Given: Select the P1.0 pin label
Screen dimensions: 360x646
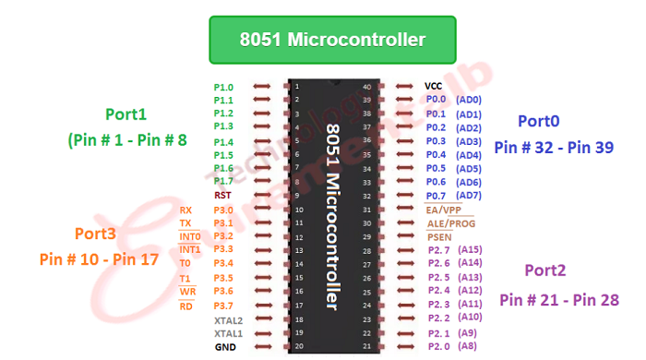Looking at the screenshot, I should click(223, 87).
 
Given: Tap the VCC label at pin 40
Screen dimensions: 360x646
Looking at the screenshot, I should click(434, 86).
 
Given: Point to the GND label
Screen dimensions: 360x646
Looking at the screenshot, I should click(224, 347).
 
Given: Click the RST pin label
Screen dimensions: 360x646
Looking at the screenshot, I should click(222, 196).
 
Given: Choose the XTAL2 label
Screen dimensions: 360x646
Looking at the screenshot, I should click(228, 320).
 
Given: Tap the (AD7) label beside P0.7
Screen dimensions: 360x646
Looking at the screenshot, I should click(470, 195).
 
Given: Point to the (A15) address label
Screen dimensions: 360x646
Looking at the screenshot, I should click(471, 249).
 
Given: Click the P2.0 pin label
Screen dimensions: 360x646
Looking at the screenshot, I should click(438, 346).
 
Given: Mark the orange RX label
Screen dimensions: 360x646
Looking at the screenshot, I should click(185, 210).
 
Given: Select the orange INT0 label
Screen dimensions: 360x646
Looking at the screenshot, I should click(190, 236).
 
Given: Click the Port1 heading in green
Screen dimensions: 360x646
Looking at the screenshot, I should click(126, 114).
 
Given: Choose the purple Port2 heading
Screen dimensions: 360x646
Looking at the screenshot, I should click(545, 270).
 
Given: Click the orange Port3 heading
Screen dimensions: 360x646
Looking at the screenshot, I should click(95, 233).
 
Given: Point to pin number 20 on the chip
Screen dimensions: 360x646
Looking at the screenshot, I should click(296, 347).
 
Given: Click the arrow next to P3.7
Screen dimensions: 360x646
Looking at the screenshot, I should click(261, 306).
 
